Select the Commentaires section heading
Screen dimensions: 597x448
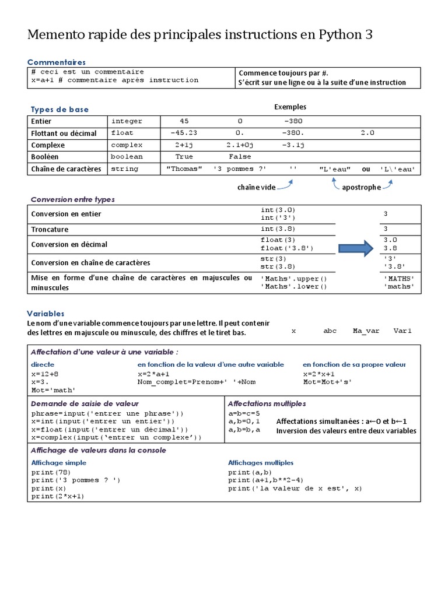click(57, 62)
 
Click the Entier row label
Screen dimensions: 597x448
click(41, 121)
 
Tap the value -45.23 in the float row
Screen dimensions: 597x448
click(184, 133)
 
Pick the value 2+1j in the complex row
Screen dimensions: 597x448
click(184, 145)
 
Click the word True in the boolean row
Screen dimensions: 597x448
click(184, 157)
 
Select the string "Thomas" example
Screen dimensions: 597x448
click(184, 169)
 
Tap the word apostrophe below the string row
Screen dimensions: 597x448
click(361, 187)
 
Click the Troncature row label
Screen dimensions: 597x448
click(50, 229)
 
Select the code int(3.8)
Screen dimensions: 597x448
click(279, 229)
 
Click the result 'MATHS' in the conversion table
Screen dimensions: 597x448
click(399, 278)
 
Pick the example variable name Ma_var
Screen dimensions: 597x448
click(366, 331)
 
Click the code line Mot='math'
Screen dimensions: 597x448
click(54, 389)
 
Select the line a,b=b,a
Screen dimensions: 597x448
click(244, 429)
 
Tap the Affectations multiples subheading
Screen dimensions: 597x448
click(267, 403)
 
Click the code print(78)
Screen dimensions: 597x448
click(51, 472)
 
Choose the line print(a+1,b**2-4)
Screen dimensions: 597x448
click(265, 480)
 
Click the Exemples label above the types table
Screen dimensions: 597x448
click(290, 107)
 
